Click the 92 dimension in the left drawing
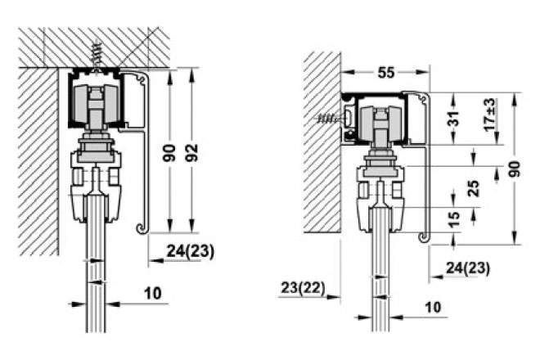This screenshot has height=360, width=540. (x=191, y=153)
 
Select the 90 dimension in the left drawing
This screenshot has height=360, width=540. (x=169, y=153)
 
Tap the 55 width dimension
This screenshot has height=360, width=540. (x=385, y=73)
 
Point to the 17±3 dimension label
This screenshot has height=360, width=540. (x=489, y=115)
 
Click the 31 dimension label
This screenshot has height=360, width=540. (x=455, y=118)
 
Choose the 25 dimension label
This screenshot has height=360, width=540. (x=475, y=188)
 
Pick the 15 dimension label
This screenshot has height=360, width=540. (x=455, y=219)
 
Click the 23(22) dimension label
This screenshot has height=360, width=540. (x=303, y=288)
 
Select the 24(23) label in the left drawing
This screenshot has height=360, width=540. (x=190, y=251)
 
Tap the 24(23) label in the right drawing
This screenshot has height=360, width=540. (x=468, y=268)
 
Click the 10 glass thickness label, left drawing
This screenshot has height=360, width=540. (x=153, y=294)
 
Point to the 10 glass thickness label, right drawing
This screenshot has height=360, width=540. (x=433, y=307)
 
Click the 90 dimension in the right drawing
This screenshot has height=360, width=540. (x=515, y=169)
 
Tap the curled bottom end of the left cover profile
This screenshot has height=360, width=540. (x=142, y=228)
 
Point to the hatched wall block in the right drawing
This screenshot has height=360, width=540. (x=322, y=142)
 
